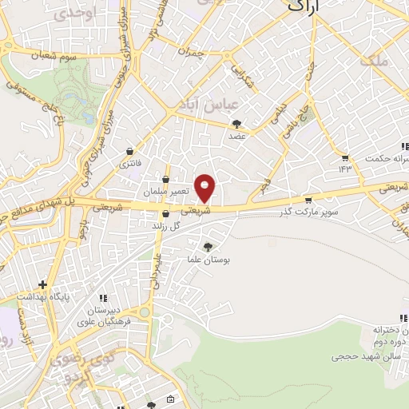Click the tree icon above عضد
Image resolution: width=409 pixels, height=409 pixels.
pos(237,124)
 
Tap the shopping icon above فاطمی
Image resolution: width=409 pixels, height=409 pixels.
pos(130,151)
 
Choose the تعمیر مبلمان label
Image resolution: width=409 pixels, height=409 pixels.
pos(167,193)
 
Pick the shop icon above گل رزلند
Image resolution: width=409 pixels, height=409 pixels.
pos(165,214)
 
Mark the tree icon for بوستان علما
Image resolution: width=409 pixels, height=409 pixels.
pos(209,247)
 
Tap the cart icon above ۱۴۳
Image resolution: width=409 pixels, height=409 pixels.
pos(345,157)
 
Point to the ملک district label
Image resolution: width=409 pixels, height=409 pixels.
pos(372,60)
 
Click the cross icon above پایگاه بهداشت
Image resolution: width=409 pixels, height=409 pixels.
pos(42,284)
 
